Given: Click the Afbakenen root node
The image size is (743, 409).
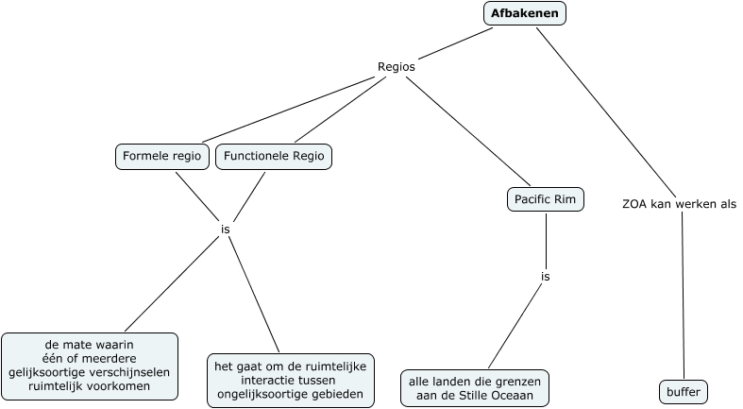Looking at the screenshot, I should coord(524,13).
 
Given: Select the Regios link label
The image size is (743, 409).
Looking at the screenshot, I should coord(396,67).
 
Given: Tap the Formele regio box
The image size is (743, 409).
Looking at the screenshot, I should coord(162,156).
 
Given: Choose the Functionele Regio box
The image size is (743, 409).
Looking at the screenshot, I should coord(274,156).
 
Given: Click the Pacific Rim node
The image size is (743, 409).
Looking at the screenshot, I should coord(546,199).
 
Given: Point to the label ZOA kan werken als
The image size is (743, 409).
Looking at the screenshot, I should coord(679,203).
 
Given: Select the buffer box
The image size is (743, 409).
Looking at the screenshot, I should coord(683,391).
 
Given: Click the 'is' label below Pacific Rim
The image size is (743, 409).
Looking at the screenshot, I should coord(545,277).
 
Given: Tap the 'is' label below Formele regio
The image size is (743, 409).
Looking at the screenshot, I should coord(225,229).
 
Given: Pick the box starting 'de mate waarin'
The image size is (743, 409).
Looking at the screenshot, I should coord(90,365).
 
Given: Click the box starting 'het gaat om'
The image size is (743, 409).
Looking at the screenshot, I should coord(290,380).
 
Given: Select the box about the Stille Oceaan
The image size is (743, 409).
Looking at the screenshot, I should coord(474,387).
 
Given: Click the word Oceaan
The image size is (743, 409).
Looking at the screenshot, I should coord(513,395).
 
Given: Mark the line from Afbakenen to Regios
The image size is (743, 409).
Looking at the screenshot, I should coord(452,44).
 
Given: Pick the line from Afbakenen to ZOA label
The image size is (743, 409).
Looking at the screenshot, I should coord(604,109).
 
